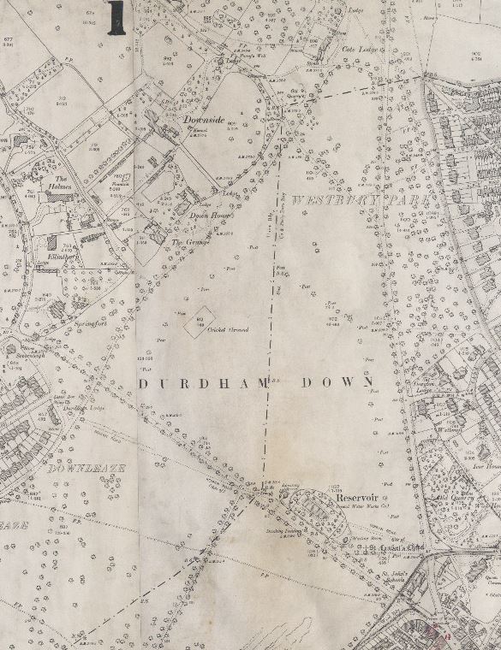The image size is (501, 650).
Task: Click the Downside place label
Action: click(203, 121)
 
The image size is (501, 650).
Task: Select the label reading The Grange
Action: click(186, 242)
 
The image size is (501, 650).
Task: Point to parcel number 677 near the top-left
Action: click(9, 38)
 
